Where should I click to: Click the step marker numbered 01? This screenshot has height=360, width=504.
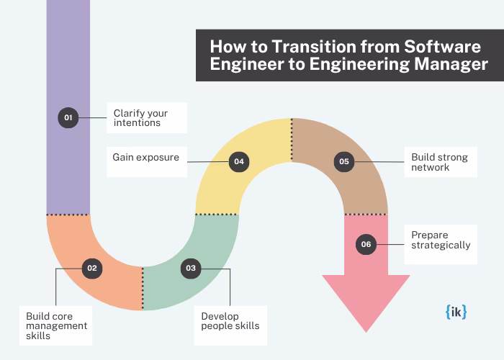68,117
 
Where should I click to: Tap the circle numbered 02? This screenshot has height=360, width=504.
91,268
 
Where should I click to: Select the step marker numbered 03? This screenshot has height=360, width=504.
190,268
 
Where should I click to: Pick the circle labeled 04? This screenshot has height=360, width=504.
239,162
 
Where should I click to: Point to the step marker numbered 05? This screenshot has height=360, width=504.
344,162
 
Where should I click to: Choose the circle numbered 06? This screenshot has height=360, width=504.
366,244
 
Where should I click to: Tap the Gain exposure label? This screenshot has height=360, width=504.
146,156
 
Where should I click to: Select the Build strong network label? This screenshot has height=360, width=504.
439,162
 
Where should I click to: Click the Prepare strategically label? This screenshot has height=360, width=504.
440,240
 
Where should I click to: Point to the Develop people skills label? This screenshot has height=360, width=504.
230,320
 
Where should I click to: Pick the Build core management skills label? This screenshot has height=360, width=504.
56,325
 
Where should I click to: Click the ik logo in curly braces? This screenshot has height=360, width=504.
456,312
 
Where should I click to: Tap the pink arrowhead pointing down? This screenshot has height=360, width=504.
366,299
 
